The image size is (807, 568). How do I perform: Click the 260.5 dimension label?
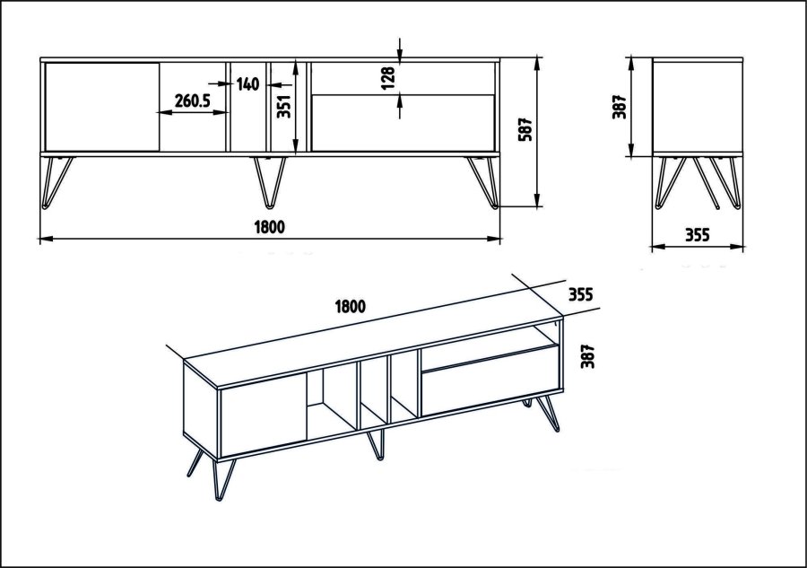[x=193, y=101]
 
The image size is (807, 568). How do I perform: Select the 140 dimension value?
[x=248, y=84]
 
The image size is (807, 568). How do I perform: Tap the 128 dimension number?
[x=387, y=78]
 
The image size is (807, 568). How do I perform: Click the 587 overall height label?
[x=526, y=130]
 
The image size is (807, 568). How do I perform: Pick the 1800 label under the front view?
[x=269, y=227]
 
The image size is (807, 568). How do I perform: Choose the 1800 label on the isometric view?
[x=350, y=306]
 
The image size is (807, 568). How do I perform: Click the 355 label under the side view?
[x=697, y=236]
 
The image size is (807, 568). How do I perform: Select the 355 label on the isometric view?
[x=580, y=294]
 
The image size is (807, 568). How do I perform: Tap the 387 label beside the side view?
[x=618, y=106]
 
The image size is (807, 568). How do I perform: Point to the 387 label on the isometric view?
[x=588, y=356]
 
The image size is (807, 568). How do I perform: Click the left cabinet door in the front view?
[x=100, y=106]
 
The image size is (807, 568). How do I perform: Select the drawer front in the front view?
[x=403, y=122]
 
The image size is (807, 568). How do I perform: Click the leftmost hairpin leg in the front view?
[x=56, y=180]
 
